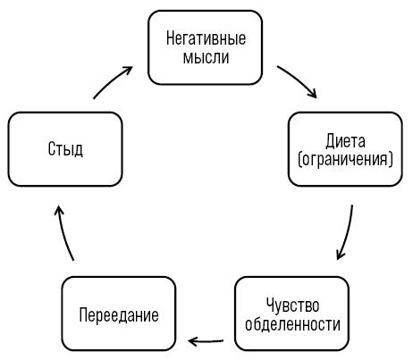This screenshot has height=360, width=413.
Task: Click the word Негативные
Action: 206,38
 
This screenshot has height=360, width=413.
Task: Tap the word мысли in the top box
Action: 206,57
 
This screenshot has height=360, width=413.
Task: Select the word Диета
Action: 345,141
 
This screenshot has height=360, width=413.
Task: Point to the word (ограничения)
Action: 345,160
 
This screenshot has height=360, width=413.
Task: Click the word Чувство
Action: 292,306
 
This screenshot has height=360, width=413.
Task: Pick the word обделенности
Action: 292,324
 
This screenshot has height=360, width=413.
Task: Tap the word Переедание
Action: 119,314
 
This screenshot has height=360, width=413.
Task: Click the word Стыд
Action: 65,149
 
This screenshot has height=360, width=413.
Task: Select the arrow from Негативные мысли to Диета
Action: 298,80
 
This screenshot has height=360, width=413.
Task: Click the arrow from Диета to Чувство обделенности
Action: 348,233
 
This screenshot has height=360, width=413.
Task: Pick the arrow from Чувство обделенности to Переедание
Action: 206,341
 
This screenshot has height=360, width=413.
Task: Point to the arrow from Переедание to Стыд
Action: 63,233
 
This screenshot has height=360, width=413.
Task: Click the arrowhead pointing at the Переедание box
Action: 192,341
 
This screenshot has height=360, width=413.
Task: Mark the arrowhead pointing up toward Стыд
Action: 59,210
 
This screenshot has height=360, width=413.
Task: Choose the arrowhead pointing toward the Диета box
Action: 312,93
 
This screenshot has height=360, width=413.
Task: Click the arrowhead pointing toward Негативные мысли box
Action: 129,70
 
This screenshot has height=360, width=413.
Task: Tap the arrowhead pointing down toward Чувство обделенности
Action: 340,255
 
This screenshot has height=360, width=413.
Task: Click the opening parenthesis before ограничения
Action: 300,160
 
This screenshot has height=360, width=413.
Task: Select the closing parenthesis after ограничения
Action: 391,160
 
